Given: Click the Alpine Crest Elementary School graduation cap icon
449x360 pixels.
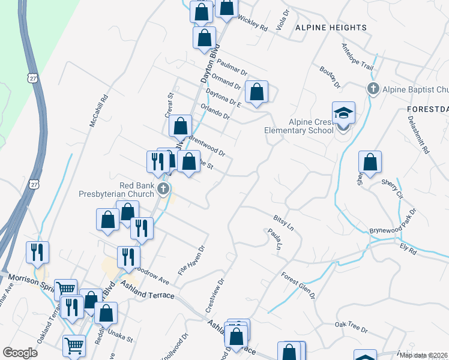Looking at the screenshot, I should pos(344,113).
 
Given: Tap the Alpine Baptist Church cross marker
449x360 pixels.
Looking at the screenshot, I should pos(372,89).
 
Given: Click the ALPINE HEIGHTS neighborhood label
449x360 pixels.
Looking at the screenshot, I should pos(331,28).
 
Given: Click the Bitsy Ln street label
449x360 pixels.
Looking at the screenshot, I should pos(283,220).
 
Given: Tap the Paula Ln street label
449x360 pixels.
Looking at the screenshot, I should pos(276,238).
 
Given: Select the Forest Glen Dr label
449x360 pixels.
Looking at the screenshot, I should pos(298,285).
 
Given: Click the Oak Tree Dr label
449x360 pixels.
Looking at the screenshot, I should pos(351,328).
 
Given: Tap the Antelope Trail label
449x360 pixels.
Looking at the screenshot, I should pos(357,56).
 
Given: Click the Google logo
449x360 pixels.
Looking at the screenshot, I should pos(20,352).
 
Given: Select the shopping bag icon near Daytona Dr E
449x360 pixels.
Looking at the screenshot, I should pos(256,92).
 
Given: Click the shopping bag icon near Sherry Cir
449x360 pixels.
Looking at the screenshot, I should pos(370,162).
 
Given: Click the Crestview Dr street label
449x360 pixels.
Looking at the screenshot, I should pos(214,294).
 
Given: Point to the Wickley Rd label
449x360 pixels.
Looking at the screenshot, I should pos(253,23).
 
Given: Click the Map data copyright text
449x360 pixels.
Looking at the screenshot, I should pos(424,355).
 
